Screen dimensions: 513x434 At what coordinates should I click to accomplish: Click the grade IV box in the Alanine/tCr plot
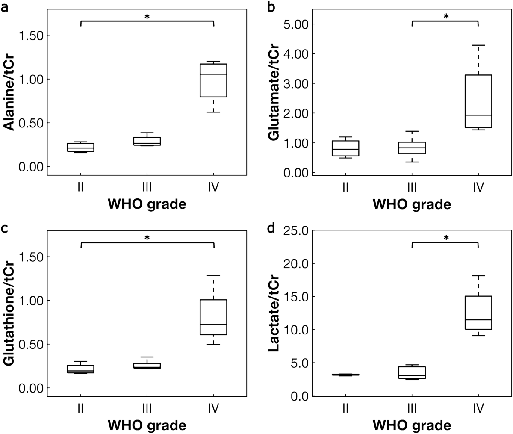click(213, 80)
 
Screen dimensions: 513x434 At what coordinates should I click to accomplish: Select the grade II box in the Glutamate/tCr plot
click(345, 148)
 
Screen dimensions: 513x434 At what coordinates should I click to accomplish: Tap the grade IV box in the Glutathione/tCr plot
click(213, 317)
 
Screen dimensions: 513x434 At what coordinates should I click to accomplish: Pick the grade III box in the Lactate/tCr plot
click(412, 373)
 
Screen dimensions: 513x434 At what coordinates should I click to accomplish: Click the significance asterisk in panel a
click(147, 17)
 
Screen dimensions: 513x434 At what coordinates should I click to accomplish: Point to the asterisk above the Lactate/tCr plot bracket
click(446, 238)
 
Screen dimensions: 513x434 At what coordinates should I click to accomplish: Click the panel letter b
click(271, 8)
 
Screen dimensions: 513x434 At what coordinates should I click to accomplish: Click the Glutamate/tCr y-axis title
click(274, 93)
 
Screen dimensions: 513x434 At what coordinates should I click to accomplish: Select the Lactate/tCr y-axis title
click(274, 313)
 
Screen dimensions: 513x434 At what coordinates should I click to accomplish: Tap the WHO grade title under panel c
click(147, 425)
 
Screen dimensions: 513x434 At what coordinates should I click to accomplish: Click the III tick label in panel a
click(147, 187)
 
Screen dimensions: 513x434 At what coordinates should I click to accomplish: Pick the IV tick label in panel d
click(478, 408)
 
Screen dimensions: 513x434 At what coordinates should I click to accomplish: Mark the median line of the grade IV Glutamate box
click(478, 115)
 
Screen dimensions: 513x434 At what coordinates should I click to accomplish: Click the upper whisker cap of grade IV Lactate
click(478, 276)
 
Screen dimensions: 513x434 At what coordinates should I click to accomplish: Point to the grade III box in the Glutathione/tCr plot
click(147, 366)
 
